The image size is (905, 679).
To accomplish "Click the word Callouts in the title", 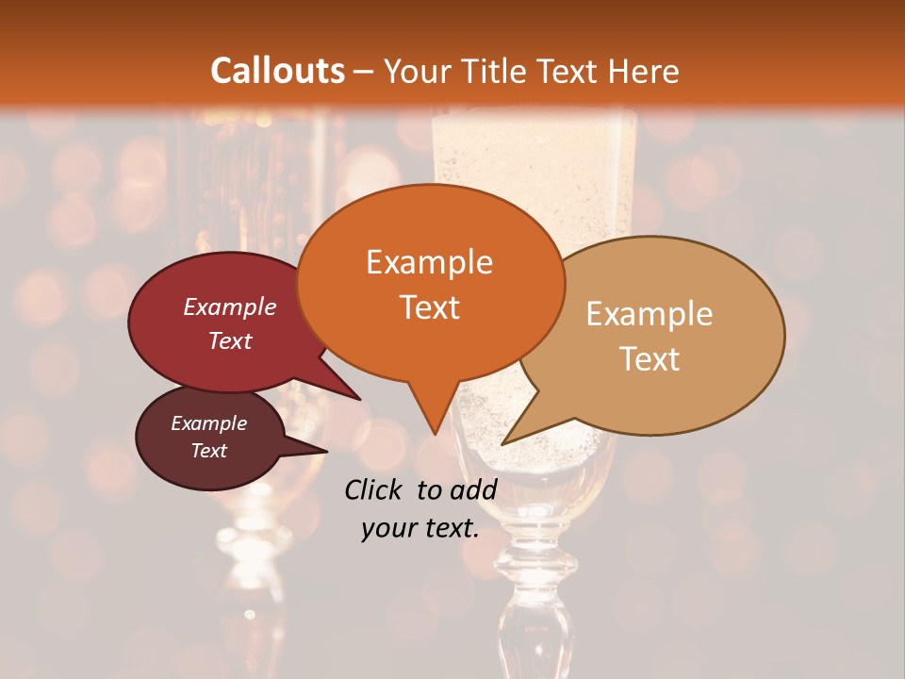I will click(x=277, y=71).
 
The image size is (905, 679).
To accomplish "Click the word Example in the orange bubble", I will click(x=429, y=262).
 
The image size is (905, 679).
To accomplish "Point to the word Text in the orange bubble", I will click(x=429, y=307).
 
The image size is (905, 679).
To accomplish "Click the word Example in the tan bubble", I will click(x=650, y=314).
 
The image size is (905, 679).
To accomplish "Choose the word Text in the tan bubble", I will click(x=650, y=359).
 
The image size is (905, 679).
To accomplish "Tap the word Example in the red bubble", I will click(x=230, y=306).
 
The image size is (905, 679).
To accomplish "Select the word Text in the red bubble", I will click(x=230, y=340).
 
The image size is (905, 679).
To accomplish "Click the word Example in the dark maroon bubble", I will click(x=208, y=423).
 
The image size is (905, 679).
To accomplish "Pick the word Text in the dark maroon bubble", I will click(x=208, y=451).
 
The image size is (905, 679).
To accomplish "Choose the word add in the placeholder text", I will click(x=473, y=489).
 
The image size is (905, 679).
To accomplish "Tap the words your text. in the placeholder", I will click(x=420, y=528).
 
